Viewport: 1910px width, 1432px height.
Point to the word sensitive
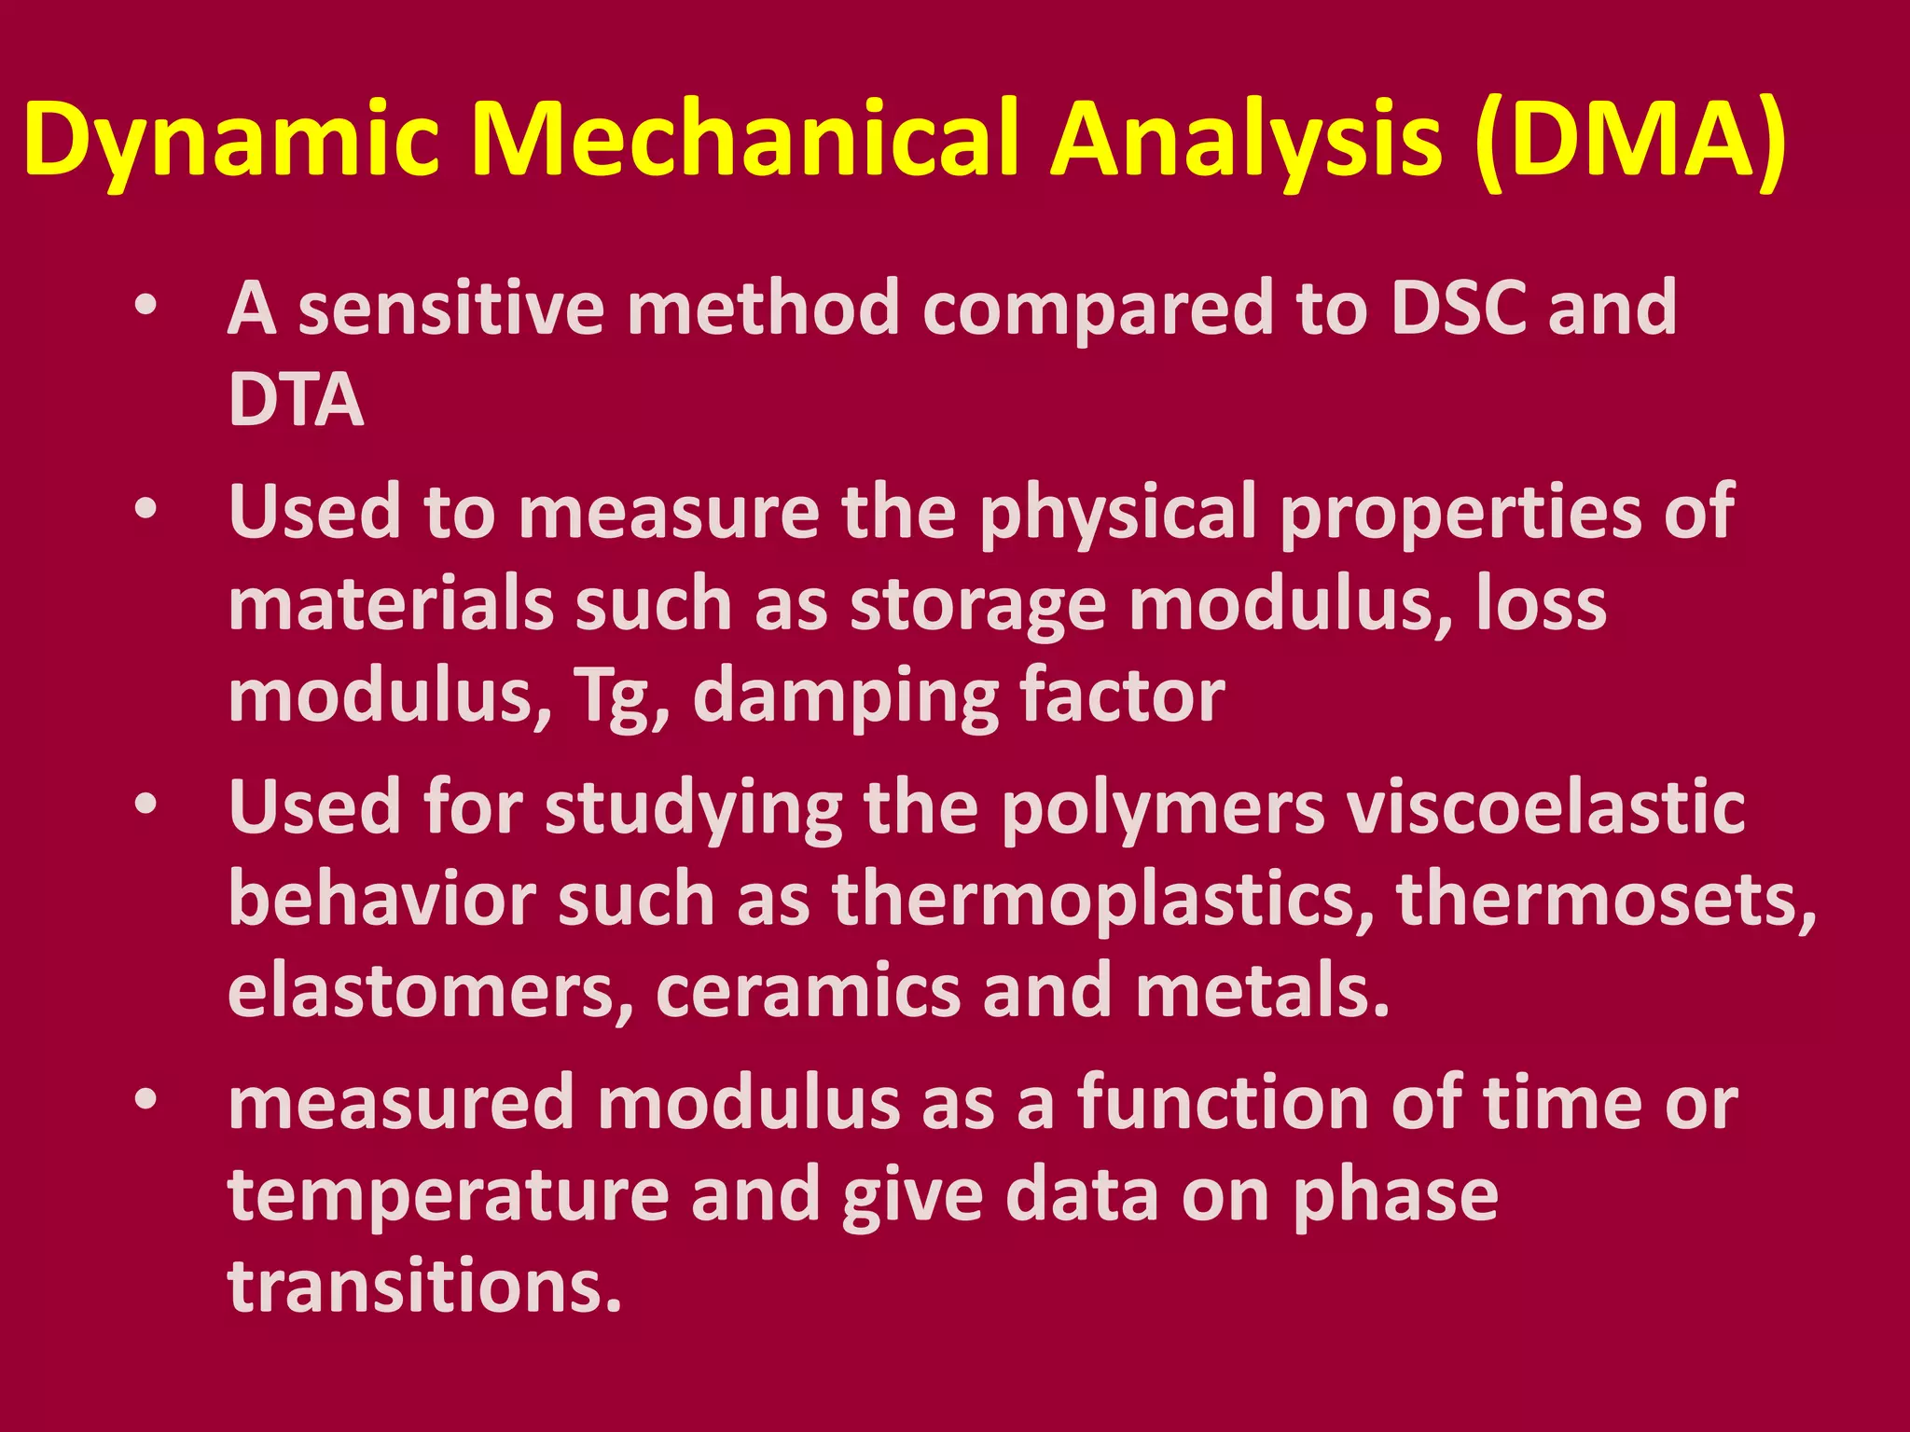pos(451,309)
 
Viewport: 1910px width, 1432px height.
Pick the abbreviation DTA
pos(296,400)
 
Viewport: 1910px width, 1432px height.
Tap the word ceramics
pos(808,991)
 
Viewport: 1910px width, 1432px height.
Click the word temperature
pos(449,1196)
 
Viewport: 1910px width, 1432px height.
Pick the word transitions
pos(424,1287)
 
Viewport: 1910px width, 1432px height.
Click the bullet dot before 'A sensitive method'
pos(145,307)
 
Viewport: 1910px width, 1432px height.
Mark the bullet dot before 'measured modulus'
pos(145,1100)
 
